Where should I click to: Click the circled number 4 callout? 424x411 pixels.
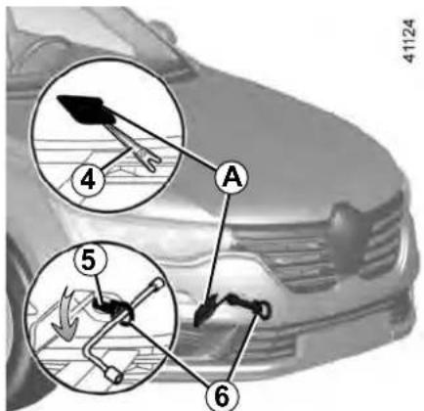(x=88, y=179)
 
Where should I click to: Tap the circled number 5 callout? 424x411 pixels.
(x=90, y=260)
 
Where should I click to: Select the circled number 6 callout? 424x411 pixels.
(x=223, y=396)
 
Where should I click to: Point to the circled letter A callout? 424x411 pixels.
(x=232, y=177)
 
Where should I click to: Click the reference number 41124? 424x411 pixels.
(x=409, y=41)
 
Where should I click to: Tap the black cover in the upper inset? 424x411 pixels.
(x=85, y=109)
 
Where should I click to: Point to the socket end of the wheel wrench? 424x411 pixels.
(x=114, y=376)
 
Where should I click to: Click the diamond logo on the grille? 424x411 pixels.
(x=349, y=237)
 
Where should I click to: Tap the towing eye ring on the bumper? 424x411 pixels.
(x=265, y=310)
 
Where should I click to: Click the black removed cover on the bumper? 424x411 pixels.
(x=204, y=310)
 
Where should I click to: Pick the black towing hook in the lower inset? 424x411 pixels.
(x=111, y=306)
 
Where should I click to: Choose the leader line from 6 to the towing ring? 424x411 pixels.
(x=244, y=347)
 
